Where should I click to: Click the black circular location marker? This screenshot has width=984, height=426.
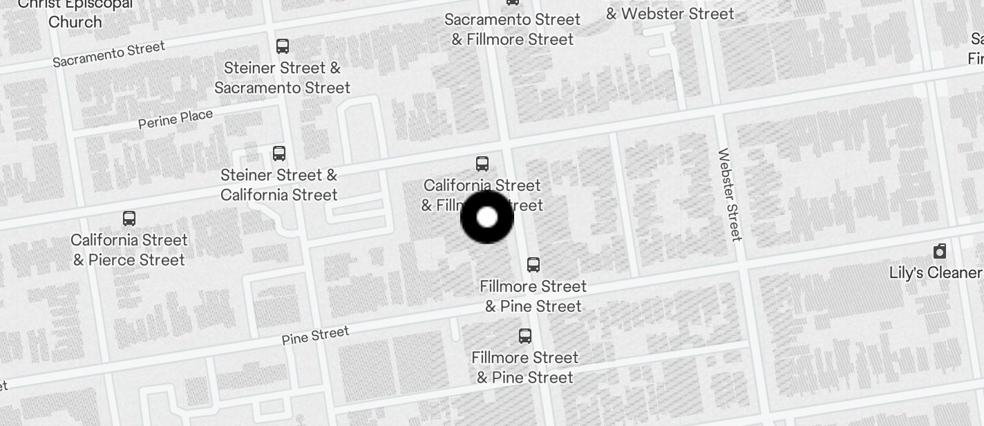pyautogui.click(x=487, y=217)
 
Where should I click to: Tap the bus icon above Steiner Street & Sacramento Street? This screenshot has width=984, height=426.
pyautogui.click(x=283, y=46)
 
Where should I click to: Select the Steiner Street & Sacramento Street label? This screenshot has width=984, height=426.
pyautogui.click(x=282, y=77)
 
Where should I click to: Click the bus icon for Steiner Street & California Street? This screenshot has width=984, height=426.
pyautogui.click(x=279, y=154)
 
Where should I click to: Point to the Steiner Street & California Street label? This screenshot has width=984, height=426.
pyautogui.click(x=279, y=185)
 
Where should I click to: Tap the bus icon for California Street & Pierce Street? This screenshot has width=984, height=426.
pyautogui.click(x=129, y=219)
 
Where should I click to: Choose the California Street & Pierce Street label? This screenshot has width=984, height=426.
pyautogui.click(x=129, y=250)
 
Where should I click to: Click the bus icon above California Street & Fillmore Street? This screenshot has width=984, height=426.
pyautogui.click(x=482, y=164)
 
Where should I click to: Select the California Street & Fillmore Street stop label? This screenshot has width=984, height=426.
pyautogui.click(x=482, y=194)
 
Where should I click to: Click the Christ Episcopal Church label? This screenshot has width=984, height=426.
pyautogui.click(x=75, y=14)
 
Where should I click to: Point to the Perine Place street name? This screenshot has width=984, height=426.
pyautogui.click(x=176, y=119)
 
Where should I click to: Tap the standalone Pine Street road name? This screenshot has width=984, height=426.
pyautogui.click(x=315, y=336)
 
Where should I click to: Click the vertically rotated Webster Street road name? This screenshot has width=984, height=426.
pyautogui.click(x=730, y=195)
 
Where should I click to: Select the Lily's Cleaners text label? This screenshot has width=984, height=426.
pyautogui.click(x=936, y=272)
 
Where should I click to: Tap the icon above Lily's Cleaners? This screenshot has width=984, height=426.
pyautogui.click(x=940, y=251)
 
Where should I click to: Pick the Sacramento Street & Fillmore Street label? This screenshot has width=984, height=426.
pyautogui.click(x=513, y=29)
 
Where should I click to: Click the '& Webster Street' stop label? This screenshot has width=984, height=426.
pyautogui.click(x=670, y=14)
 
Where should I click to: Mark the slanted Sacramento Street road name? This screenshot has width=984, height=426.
pyautogui.click(x=109, y=54)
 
